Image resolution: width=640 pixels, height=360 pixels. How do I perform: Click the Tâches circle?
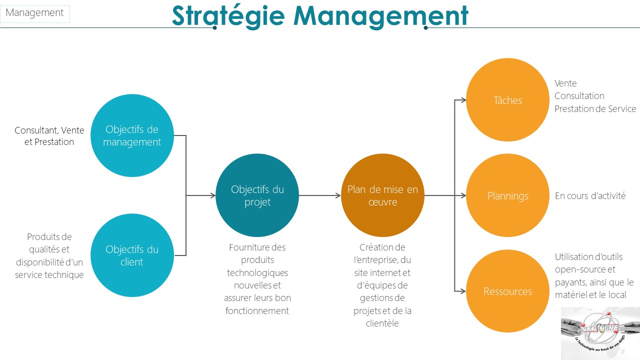pyautogui.click(x=507, y=99)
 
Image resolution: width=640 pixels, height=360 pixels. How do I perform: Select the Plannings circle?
pyautogui.click(x=507, y=195)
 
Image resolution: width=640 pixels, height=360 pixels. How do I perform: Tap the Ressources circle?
pyautogui.click(x=507, y=291)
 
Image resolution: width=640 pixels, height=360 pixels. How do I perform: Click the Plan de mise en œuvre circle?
pyautogui.click(x=382, y=195)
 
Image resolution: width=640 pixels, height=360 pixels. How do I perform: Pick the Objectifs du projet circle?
pyautogui.click(x=257, y=195)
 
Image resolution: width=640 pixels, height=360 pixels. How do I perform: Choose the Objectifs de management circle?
pyautogui.click(x=132, y=135)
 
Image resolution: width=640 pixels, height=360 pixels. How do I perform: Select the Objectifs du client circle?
pyautogui.click(x=132, y=255)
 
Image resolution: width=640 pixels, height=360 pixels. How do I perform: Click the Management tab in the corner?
pyautogui.click(x=35, y=13)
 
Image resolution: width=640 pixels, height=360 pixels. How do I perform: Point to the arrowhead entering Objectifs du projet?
pyautogui.click(x=213, y=195)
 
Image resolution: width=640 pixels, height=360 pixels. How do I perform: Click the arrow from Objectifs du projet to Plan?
pyautogui.click(x=319, y=195)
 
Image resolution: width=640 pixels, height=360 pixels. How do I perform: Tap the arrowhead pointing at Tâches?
pyautogui.click(x=463, y=100)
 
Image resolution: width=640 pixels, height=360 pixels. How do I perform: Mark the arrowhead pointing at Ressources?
pyautogui.click(x=463, y=291)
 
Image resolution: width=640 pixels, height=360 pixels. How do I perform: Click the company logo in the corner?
pyautogui.click(x=600, y=333)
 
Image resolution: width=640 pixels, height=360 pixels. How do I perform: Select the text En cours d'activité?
pyautogui.click(x=590, y=195)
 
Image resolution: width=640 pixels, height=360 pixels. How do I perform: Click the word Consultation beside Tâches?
pyautogui.click(x=579, y=95)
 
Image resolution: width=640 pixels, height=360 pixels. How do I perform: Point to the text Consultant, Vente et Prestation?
pyautogui.click(x=49, y=136)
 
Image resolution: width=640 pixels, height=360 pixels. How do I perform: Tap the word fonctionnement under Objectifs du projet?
pyautogui.click(x=257, y=310)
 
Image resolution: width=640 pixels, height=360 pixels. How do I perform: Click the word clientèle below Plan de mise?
pyautogui.click(x=382, y=323)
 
